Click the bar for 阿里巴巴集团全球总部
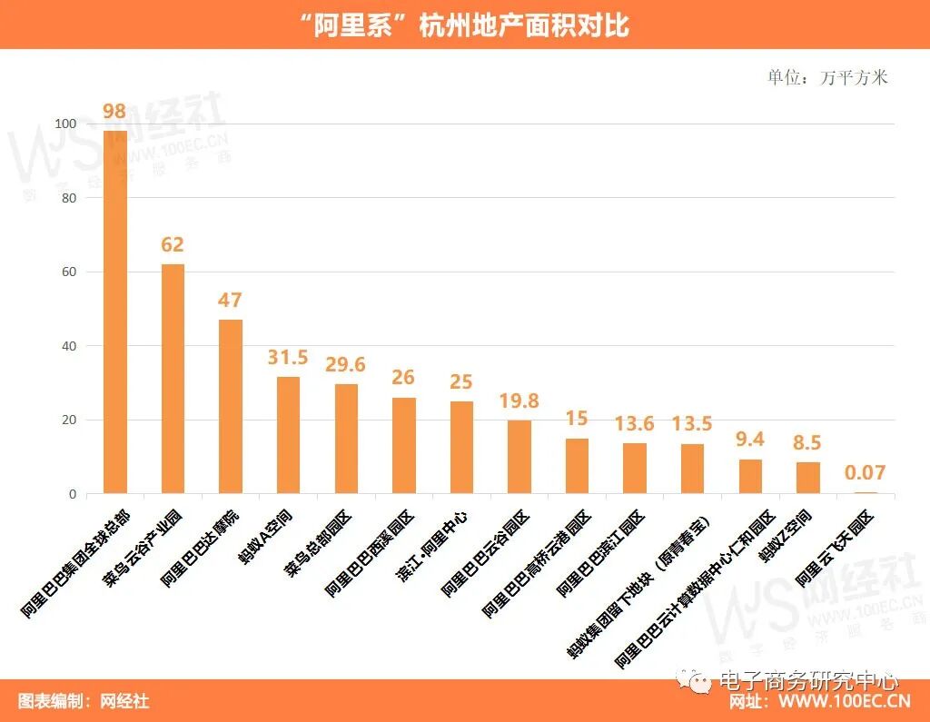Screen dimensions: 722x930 [115, 312]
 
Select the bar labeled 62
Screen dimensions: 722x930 [173, 379]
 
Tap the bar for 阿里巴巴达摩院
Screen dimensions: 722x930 [231, 407]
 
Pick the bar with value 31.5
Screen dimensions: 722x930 [288, 435]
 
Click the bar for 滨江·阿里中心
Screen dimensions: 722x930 [461, 448]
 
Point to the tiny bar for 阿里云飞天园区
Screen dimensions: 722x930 [866, 493]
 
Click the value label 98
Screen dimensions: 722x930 [114, 112]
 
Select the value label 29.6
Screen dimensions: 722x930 [346, 364]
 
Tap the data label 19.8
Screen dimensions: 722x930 [519, 401]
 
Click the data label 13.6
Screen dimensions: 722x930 [634, 424]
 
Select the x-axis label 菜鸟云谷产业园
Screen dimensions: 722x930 [145, 549]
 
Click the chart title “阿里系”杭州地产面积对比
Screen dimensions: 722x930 [464, 25]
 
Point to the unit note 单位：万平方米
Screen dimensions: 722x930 [827, 77]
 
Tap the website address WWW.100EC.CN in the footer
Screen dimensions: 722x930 [845, 702]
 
